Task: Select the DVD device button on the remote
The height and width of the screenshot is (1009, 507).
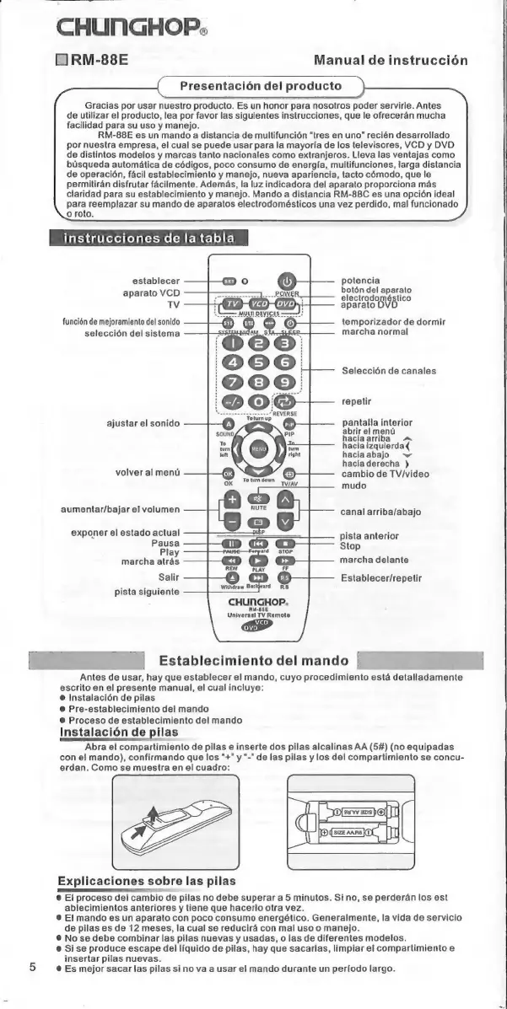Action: coord(287,303)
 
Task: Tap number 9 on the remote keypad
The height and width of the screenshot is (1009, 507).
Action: coord(287,382)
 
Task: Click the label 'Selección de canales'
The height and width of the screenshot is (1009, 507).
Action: coord(389,371)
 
